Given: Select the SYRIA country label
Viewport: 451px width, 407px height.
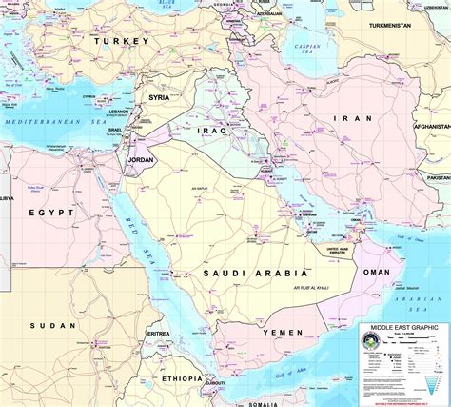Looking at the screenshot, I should tap(159, 97).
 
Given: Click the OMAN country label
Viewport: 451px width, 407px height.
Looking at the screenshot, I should tap(377, 272).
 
